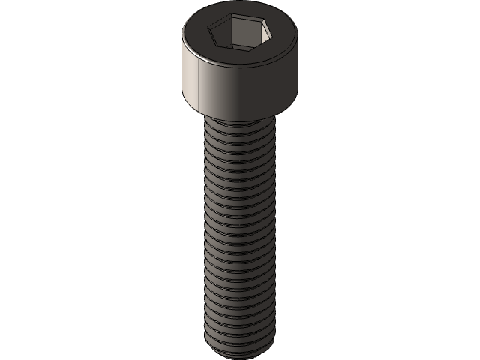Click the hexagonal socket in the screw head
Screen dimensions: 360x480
coord(239,34)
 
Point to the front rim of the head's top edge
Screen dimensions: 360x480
coord(239,63)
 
